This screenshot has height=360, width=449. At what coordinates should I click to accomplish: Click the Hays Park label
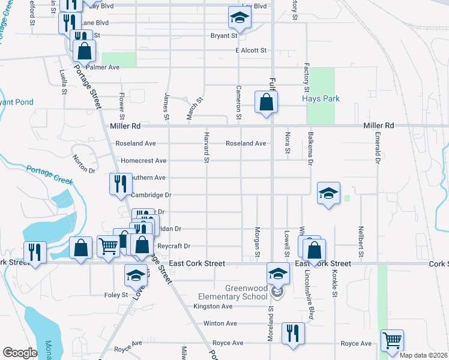(x=322, y=98)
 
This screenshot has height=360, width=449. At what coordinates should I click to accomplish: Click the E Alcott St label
(x=251, y=51)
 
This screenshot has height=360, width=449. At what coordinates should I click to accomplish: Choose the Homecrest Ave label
(x=143, y=161)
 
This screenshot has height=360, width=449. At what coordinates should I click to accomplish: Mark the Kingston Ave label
(x=212, y=306)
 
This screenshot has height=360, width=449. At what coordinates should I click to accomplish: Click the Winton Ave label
(x=220, y=323)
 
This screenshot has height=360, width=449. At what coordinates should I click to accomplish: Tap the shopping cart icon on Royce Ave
(x=392, y=340)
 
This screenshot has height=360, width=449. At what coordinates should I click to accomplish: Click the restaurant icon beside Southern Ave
(x=119, y=183)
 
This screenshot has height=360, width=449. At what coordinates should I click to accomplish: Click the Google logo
(x=20, y=352)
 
